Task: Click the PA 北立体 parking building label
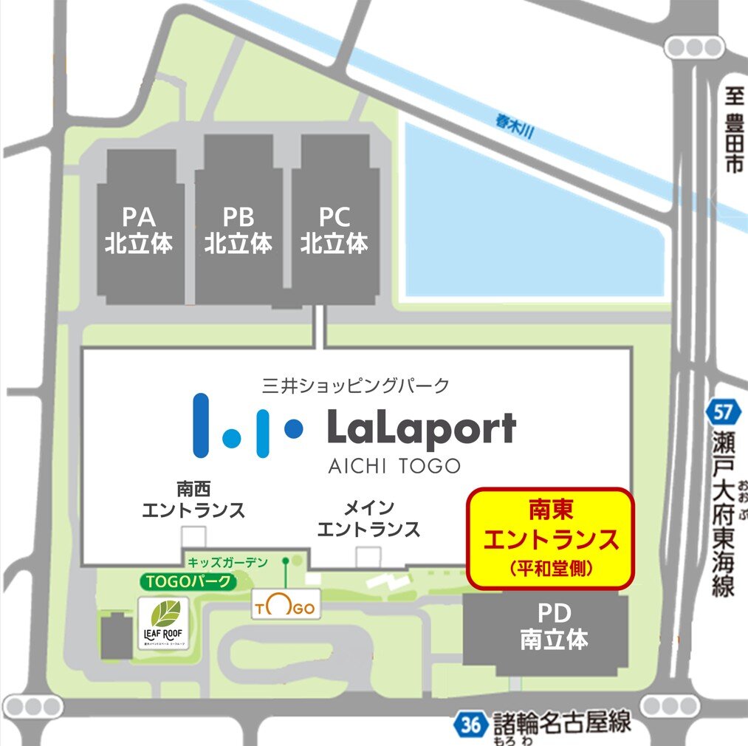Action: pos(139,230)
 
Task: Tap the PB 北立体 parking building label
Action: pos(239,230)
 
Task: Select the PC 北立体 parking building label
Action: pos(334,230)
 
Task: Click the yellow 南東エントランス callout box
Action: pos(551,538)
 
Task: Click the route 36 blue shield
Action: pos(469,723)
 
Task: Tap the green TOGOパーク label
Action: pos(189,581)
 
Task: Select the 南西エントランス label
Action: pos(193,500)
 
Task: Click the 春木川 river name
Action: pos(514,123)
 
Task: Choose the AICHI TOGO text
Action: pos(394,466)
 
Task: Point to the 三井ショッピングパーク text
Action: pos(355,384)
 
